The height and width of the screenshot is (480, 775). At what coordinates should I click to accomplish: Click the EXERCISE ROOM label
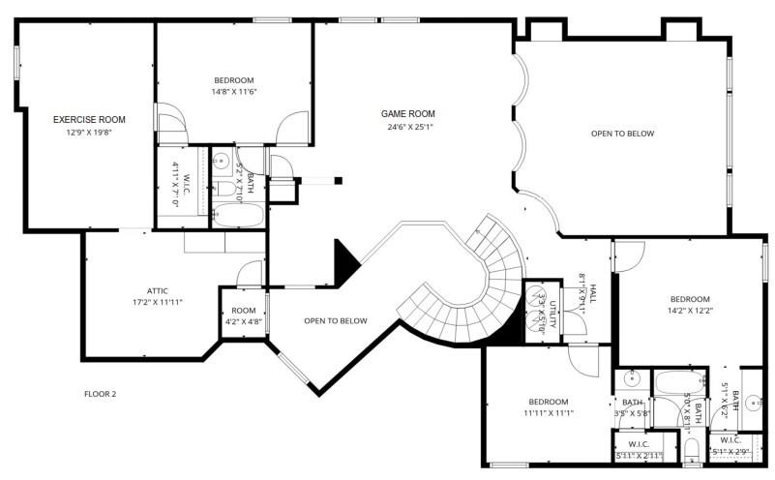89,120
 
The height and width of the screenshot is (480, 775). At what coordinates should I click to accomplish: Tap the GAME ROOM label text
407,113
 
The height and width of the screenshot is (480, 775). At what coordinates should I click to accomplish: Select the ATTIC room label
158,290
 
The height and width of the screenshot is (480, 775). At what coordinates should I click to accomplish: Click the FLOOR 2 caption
100,394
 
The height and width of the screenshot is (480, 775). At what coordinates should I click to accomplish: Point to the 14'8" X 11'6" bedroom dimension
233,92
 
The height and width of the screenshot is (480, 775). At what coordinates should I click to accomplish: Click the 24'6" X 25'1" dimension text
407,126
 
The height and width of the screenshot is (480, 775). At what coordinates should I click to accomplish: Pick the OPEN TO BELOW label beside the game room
622,134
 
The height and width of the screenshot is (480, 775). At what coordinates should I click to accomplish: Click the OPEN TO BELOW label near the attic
335,320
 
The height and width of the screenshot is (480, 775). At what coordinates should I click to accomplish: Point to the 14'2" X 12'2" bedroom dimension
689,312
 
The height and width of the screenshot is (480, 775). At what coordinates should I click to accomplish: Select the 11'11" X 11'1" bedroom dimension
548,413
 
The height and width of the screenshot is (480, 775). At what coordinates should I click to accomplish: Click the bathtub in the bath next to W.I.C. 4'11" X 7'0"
237,215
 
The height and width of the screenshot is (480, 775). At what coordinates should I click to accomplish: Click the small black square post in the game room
339,179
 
